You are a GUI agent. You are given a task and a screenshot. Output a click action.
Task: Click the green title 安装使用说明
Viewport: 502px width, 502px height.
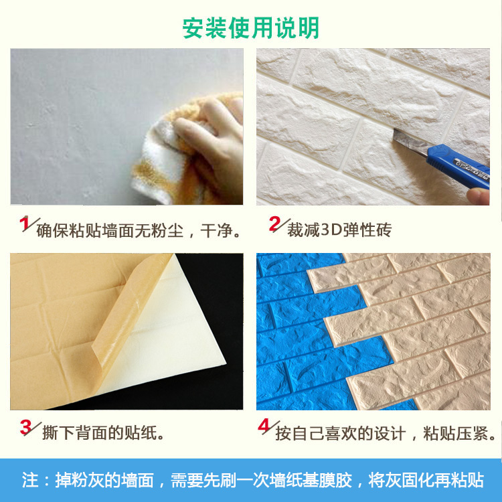click(251, 28)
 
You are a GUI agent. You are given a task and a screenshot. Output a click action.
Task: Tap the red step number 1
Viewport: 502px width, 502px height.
click(24, 224)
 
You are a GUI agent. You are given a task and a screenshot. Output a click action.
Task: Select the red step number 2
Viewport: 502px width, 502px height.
click(274, 224)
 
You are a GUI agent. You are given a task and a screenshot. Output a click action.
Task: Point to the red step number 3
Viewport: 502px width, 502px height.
click(26, 427)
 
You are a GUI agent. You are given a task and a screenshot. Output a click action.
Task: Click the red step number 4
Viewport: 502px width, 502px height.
click(264, 426)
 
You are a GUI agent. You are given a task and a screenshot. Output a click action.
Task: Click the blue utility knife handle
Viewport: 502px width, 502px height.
click(458, 165)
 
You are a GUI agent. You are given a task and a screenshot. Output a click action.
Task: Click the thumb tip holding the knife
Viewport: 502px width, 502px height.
click(478, 195)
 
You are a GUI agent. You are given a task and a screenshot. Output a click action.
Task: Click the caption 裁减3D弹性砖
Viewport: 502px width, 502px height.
click(339, 230)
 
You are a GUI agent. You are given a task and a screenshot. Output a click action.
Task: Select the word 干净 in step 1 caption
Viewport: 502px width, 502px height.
click(216, 230)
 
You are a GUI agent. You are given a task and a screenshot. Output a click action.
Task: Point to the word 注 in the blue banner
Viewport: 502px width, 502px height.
click(30, 480)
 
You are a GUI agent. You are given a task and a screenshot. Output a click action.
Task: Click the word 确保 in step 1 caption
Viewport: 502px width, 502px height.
click(52, 230)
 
